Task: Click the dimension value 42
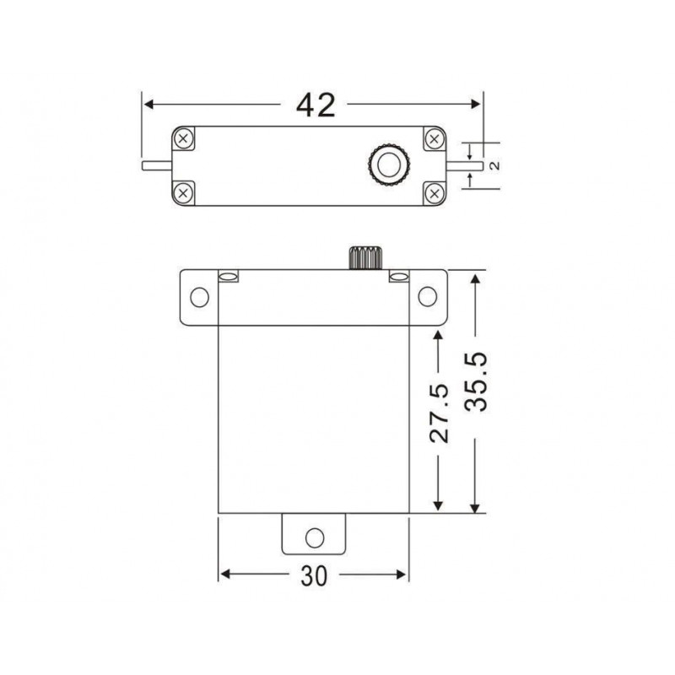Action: point(316,105)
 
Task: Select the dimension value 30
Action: point(314,576)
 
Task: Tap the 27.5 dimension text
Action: point(439,413)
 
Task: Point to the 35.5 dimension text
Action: point(477,381)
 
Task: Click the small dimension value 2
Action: point(495,165)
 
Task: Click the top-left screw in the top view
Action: point(183,138)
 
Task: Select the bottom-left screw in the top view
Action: point(183,193)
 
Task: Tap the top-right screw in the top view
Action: point(435,139)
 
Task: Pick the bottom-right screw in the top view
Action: point(435,193)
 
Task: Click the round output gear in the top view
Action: point(389,165)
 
